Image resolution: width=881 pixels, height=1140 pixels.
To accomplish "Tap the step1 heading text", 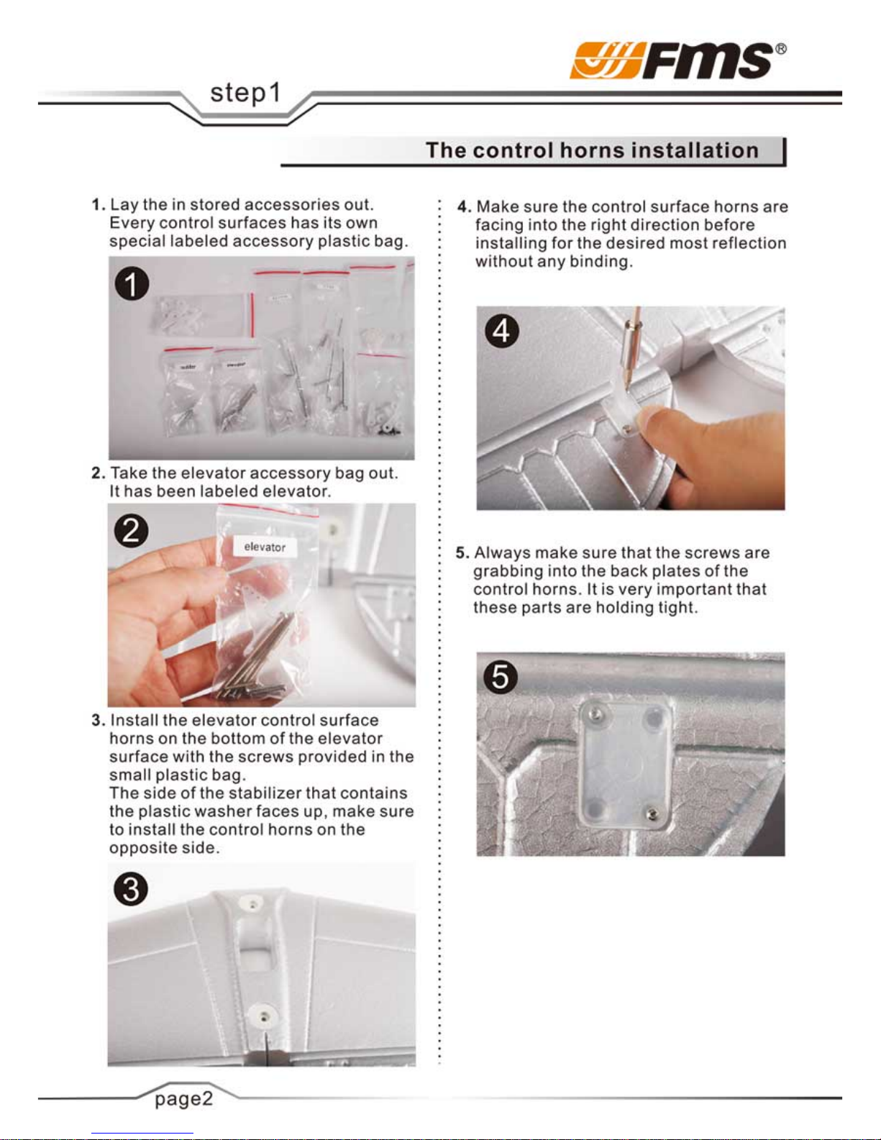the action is point(245,94).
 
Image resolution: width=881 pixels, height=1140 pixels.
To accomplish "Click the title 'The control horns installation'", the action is point(592,150).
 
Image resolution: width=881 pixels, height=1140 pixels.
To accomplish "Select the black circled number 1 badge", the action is point(132,284).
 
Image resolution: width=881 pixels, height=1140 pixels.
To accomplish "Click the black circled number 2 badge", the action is point(131,530).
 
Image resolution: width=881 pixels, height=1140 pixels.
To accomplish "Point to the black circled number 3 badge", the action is point(131,889).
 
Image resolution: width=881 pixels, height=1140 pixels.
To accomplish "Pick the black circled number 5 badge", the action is point(501,676).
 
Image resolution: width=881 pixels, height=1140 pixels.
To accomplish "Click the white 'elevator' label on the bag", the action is point(265,547).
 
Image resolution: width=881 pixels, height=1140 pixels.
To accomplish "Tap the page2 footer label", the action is point(183,1099).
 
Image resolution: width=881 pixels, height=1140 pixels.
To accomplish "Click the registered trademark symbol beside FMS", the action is point(780,49).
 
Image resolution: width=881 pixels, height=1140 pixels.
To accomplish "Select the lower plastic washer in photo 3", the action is point(264,1016).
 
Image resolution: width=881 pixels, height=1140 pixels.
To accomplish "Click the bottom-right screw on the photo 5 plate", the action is point(652,814).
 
